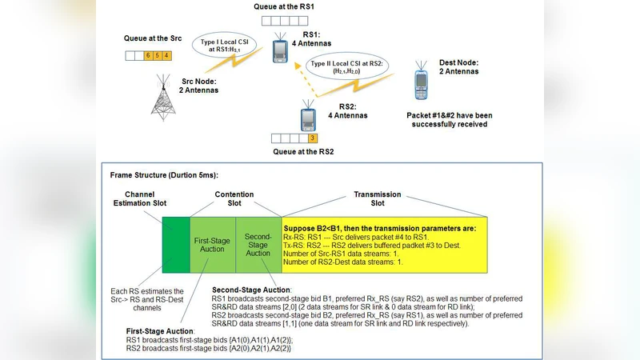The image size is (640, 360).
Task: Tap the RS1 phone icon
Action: pyautogui.click(x=279, y=50)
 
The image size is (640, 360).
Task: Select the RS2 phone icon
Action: pyautogui.click(x=308, y=118)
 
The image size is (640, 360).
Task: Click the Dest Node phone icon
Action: pyautogui.click(x=422, y=84)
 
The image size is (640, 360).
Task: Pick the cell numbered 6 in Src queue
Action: pyautogui.click(x=148, y=55)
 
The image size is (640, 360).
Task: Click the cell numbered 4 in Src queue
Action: pyautogui.click(x=166, y=55)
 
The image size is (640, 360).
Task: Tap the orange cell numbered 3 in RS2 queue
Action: pyautogui.click(x=313, y=138)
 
